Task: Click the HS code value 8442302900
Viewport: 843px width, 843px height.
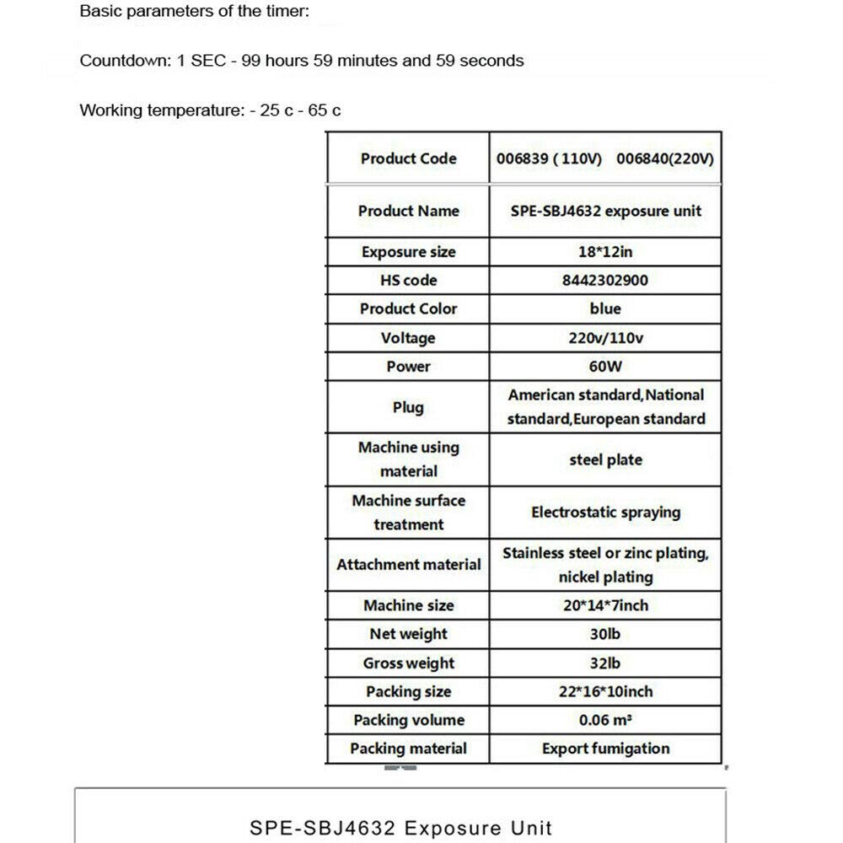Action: (x=604, y=281)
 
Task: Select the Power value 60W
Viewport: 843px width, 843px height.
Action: (x=604, y=367)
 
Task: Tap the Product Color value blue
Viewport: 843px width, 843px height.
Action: (x=604, y=309)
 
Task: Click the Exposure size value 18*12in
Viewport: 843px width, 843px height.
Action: (x=604, y=252)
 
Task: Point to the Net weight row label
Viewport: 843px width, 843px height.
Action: (x=408, y=634)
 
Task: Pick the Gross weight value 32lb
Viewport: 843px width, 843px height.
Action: (x=604, y=663)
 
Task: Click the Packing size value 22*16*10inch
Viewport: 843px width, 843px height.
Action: (x=604, y=692)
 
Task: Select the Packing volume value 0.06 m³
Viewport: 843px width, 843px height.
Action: (x=604, y=721)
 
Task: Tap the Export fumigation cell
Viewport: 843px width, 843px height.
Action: (x=604, y=749)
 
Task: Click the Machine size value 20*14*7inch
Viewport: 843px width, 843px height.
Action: (x=604, y=605)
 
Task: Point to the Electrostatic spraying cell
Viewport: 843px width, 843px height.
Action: (x=604, y=513)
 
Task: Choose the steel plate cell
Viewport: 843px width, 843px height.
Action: (x=604, y=460)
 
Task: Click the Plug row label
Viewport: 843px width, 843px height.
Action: (x=408, y=407)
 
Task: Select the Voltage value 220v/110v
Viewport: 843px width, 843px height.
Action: (x=604, y=338)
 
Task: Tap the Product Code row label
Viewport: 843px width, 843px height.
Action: (x=408, y=158)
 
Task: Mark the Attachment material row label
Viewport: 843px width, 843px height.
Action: (x=408, y=565)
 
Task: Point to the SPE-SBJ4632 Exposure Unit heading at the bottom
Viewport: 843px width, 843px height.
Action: (x=400, y=827)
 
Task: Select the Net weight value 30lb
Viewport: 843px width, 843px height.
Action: (x=604, y=634)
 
